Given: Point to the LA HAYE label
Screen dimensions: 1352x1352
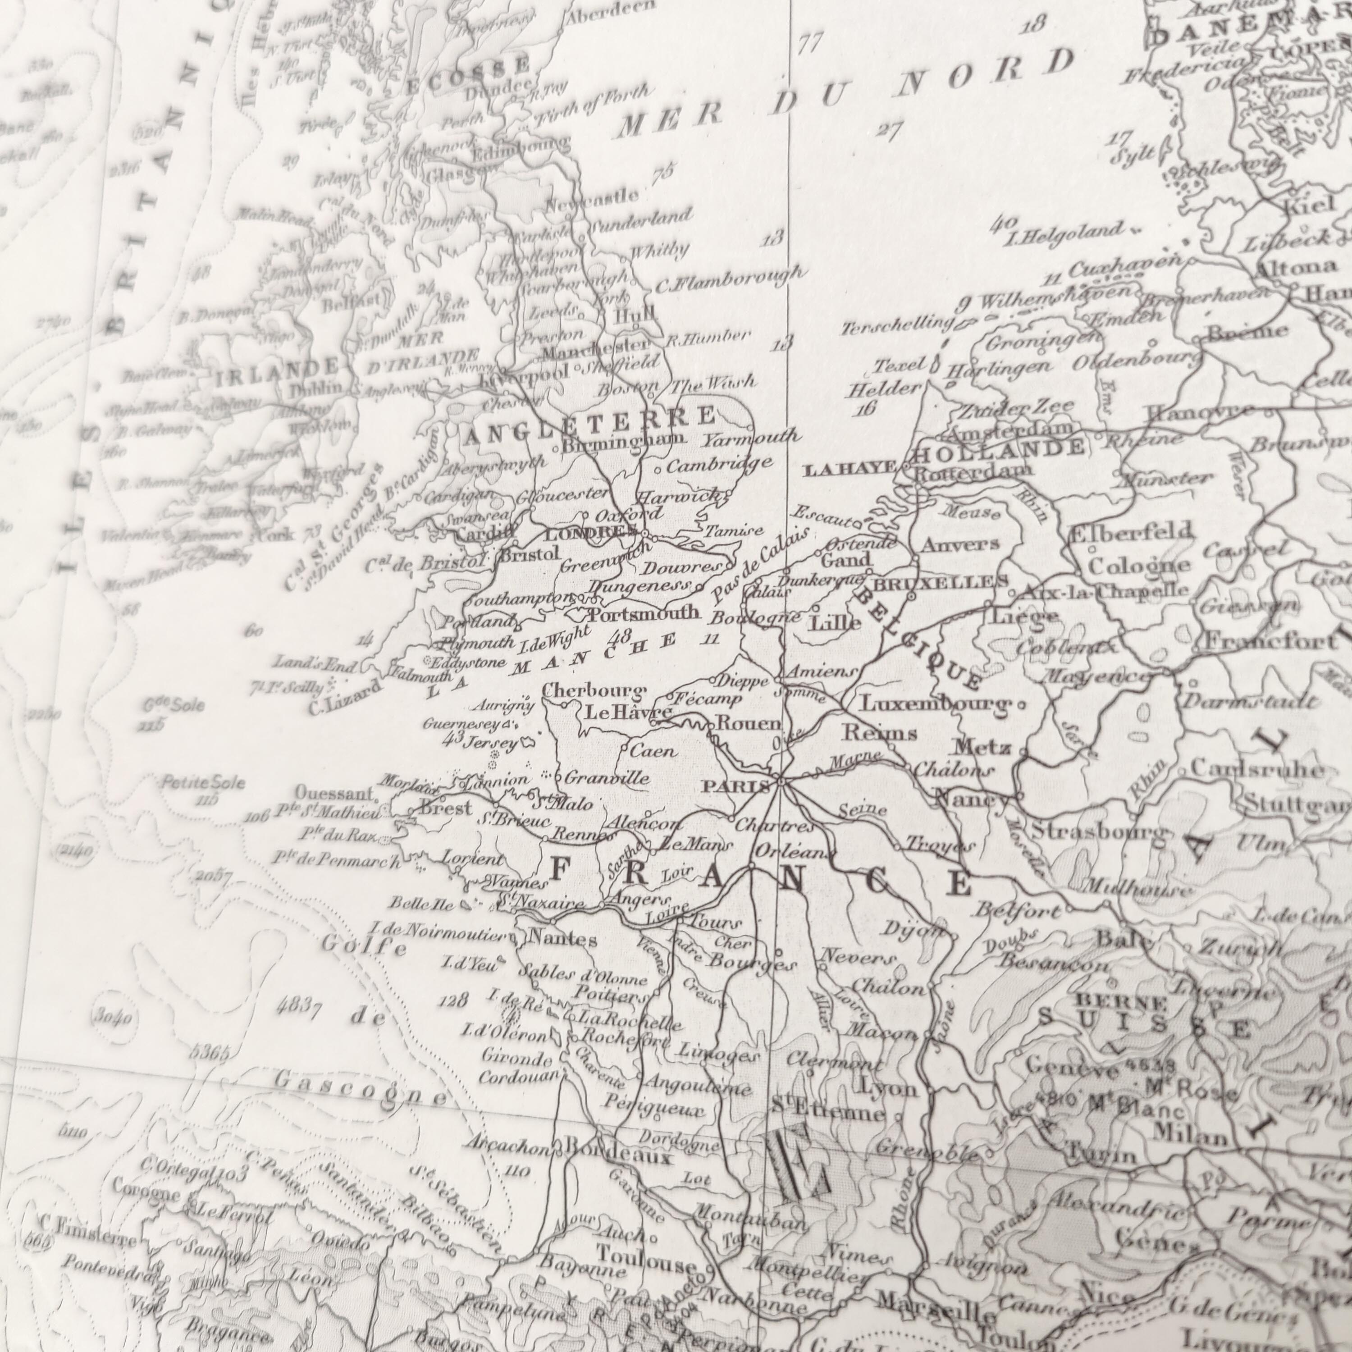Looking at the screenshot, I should point(850,469).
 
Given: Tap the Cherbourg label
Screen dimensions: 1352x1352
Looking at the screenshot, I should point(593,691).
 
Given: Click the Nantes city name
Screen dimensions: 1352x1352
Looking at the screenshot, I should point(562,938).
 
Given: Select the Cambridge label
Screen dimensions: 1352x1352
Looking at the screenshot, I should point(719,463).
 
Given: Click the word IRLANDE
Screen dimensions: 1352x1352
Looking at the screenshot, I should point(278,371).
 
